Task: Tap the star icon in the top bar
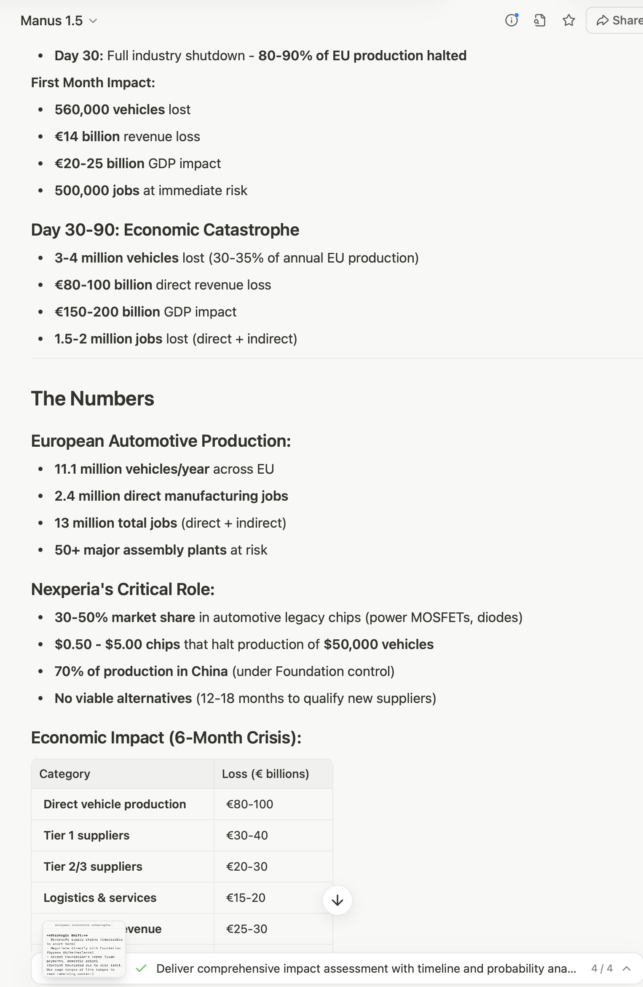click(569, 20)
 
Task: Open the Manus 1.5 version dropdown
click(59, 21)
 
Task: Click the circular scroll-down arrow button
click(337, 901)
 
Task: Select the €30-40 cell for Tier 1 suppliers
click(247, 835)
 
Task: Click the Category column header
click(65, 774)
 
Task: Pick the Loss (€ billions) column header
click(265, 774)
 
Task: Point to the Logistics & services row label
click(100, 898)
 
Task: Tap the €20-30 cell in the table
click(247, 866)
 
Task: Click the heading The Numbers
click(93, 399)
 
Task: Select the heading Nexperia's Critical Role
click(123, 589)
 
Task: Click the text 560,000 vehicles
click(110, 110)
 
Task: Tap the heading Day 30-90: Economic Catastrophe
click(165, 230)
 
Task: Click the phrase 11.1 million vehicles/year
click(132, 469)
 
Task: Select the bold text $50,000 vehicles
click(378, 644)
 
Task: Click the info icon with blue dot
click(512, 20)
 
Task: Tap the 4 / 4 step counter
click(602, 968)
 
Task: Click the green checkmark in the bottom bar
click(142, 968)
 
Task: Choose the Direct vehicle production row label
click(115, 804)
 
